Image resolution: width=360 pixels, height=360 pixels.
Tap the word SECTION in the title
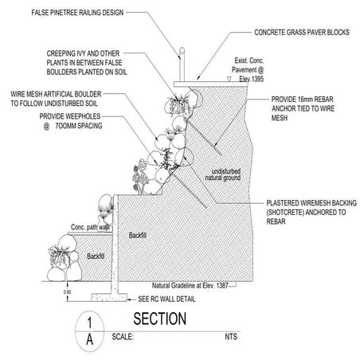[x=159, y=319]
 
